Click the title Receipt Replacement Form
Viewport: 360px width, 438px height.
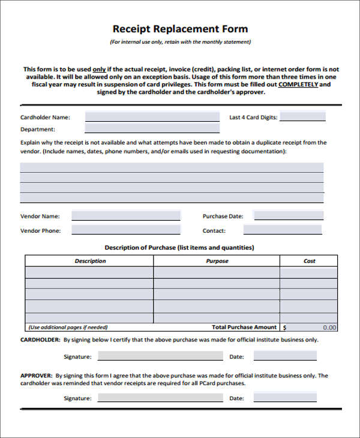point(180,29)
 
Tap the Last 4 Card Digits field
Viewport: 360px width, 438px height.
point(302,117)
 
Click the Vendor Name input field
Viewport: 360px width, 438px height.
point(126,216)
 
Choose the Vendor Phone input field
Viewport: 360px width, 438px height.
point(126,230)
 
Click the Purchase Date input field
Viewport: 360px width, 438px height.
point(289,216)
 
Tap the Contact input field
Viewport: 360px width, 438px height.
point(282,230)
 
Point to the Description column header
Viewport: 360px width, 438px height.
point(90,261)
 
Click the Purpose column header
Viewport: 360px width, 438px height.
point(217,261)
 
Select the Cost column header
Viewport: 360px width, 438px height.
point(309,261)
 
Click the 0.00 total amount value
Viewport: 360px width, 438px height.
point(329,328)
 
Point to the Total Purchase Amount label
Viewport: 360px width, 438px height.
point(244,328)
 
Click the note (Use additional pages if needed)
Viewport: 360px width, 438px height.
point(68,328)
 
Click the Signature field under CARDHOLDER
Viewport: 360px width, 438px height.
point(154,356)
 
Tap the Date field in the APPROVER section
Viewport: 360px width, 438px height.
point(284,398)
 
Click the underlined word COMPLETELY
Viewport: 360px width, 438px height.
point(298,85)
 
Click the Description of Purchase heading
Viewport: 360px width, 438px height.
point(179,247)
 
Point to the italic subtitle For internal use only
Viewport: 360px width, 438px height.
point(180,42)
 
